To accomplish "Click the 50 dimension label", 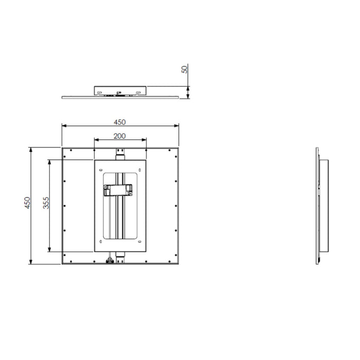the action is pos(184,69).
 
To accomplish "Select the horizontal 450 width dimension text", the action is pos(120,122).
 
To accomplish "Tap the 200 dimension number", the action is pos(120,136).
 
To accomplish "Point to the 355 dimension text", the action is pos(46,203).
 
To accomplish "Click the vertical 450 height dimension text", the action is pos(27,203).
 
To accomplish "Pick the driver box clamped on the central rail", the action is pos(118,190).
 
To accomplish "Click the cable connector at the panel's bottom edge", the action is pos(110,260).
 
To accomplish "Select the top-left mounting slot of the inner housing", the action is pos(101,170).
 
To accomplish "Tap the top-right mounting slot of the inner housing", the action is pos(139,170).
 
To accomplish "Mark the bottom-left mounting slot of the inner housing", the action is pos(101,242).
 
